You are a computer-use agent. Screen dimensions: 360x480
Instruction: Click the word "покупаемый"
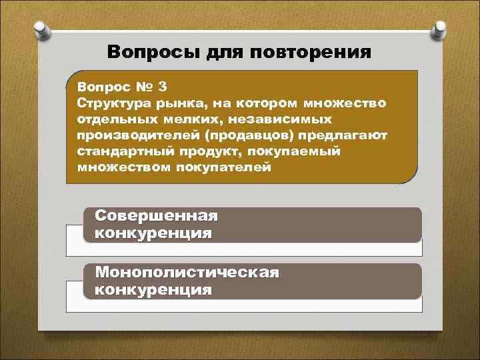[287, 151]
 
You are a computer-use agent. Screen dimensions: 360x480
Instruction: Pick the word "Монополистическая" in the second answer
[187, 273]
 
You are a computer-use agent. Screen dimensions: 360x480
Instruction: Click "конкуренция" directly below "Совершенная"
[154, 233]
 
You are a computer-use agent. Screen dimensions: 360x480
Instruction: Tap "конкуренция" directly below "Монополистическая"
[154, 290]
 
